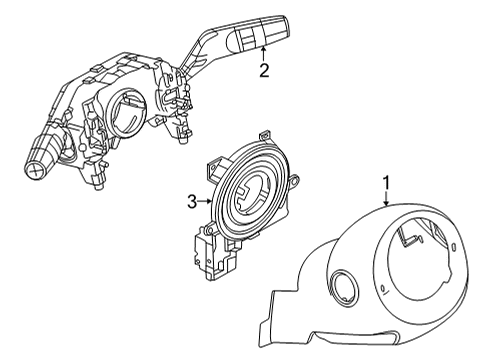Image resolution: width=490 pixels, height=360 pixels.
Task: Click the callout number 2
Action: (263, 70)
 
